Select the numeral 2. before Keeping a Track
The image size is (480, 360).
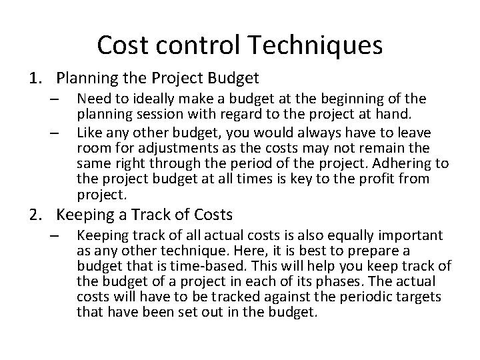[35, 215]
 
